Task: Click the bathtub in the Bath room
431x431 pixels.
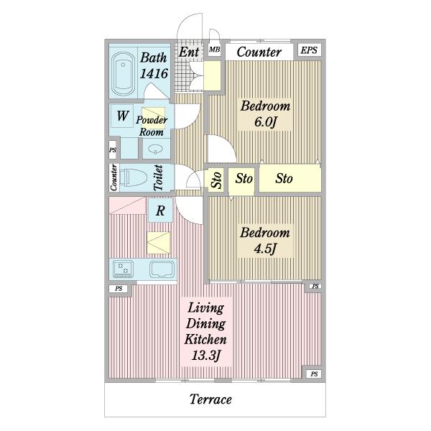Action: (x=123, y=73)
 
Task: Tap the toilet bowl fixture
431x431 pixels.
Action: (x=134, y=177)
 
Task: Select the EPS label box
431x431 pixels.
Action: (x=309, y=50)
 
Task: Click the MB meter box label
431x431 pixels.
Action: (x=214, y=50)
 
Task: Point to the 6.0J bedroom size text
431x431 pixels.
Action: (x=265, y=122)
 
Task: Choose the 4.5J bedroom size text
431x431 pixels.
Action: (x=264, y=249)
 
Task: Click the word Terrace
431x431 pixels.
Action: (x=210, y=399)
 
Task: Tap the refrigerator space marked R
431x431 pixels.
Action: (x=160, y=210)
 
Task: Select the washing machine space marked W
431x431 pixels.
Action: (x=122, y=116)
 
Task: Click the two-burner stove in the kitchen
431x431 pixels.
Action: (x=123, y=269)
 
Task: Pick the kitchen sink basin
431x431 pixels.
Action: (x=162, y=269)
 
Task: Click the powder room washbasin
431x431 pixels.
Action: (x=156, y=149)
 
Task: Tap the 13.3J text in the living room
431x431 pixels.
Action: (x=206, y=356)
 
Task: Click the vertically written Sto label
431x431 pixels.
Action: (x=216, y=180)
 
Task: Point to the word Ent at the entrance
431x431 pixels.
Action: (x=189, y=52)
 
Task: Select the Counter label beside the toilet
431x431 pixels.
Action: (x=113, y=177)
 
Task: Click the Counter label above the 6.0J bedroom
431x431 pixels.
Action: (x=259, y=52)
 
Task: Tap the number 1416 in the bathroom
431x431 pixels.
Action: (x=154, y=74)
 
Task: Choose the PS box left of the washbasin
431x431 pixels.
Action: (x=113, y=150)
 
